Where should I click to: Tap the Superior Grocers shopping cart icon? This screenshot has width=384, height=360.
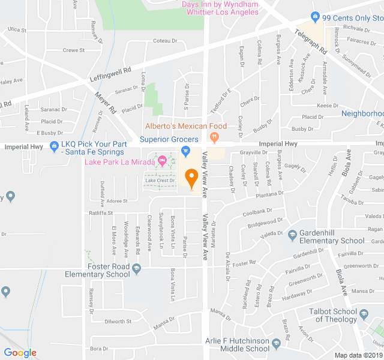click(185, 150)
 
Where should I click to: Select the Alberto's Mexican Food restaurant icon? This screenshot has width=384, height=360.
click(214, 137)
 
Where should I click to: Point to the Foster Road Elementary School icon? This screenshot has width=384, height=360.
click(137, 268)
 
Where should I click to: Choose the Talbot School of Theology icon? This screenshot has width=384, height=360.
click(364, 313)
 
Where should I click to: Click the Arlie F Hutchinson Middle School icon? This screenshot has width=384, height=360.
click(276, 344)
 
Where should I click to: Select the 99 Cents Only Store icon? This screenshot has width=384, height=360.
click(314, 17)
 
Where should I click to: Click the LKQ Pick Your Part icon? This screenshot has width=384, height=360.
click(54, 145)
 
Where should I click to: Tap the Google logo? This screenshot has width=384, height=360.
click(20, 353)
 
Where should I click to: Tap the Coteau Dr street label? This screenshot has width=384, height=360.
click(166, 41)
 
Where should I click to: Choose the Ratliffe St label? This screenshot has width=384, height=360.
click(101, 212)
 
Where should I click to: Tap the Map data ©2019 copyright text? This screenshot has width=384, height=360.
click(359, 355)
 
